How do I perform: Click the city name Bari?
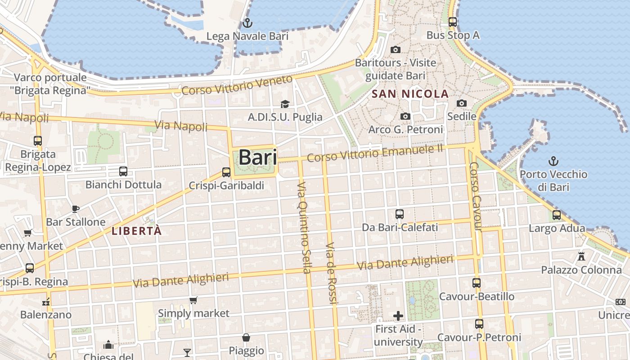[257, 157]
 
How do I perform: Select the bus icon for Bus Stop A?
[453, 22]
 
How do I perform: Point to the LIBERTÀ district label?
[136, 231]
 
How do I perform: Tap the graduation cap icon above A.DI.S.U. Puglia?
[285, 104]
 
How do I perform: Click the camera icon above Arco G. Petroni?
[405, 117]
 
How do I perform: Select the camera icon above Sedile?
[462, 103]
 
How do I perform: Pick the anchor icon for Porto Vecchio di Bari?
[553, 161]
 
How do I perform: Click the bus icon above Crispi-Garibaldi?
[226, 172]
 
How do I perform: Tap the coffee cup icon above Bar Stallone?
[76, 209]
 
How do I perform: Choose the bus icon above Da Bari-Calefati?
[400, 214]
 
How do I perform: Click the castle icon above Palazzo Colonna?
[581, 256]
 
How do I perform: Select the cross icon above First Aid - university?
[398, 315]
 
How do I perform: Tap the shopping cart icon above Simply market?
[193, 300]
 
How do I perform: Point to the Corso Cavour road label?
[476, 197]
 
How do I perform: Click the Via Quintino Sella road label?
[304, 227]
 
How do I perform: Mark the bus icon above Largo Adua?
[557, 215]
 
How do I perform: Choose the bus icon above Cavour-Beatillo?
[477, 283]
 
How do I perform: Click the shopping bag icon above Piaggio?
[246, 337]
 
